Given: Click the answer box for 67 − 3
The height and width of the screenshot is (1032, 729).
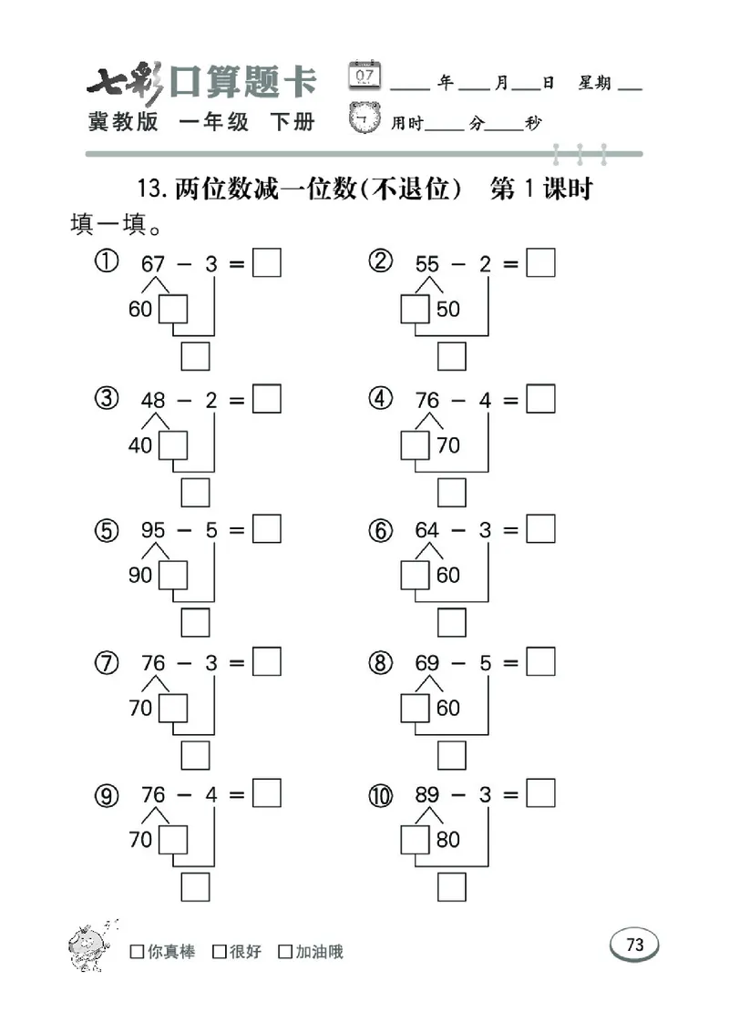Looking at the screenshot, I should (x=267, y=263).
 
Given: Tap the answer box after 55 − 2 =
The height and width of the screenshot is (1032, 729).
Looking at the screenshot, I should (x=541, y=263).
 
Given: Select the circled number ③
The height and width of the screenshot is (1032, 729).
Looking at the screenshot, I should (x=107, y=399).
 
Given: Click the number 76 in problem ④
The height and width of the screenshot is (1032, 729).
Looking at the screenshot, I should (x=427, y=399).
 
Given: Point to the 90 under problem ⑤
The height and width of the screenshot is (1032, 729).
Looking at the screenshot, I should (x=140, y=576).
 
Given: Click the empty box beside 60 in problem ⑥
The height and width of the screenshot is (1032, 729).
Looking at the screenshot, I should (x=416, y=576).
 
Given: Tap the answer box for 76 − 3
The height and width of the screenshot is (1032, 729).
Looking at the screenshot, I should (x=267, y=662).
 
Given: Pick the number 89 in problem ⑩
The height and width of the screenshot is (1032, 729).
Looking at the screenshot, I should (x=427, y=795).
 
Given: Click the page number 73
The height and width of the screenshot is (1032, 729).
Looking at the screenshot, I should (x=635, y=945).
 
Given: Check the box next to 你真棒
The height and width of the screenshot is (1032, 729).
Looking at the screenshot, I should (x=137, y=952).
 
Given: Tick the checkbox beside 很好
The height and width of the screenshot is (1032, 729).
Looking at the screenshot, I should (x=219, y=952).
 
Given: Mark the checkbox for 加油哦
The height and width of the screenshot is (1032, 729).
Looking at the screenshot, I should (x=285, y=952).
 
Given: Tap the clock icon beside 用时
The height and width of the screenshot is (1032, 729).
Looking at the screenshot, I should (x=365, y=118).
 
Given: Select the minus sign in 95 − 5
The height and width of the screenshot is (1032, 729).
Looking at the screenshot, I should (x=182, y=530).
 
